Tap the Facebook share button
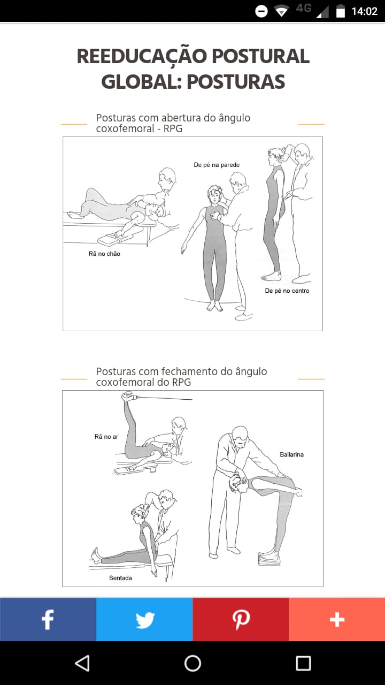pos(48,619)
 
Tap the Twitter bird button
pos(144,619)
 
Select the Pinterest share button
pos(241,619)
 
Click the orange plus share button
pos(337,619)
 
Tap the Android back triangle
pos(82,663)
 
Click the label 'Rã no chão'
pos(104,254)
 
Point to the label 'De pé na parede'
pos(217,165)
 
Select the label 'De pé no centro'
pos(287,291)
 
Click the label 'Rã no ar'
pos(106,437)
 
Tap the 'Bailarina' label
pos(291,455)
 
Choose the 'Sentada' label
pos(120,578)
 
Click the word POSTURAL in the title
pos(260,56)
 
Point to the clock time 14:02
pos(364,11)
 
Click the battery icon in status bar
pos(341,11)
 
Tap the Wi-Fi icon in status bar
pos(281,11)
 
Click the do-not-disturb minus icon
pos(261,11)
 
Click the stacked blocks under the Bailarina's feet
pos(269,559)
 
